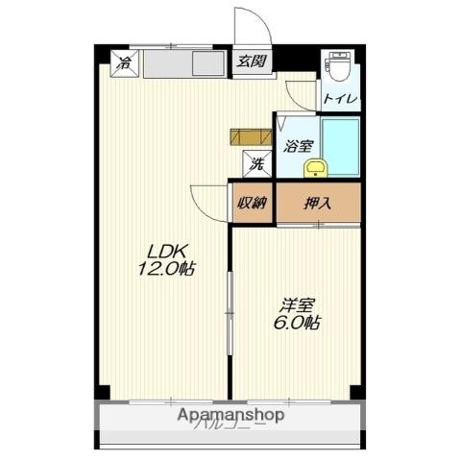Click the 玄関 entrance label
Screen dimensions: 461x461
click(x=253, y=61)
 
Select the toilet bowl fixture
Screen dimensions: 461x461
click(x=337, y=68)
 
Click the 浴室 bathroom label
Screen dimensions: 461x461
click(x=297, y=146)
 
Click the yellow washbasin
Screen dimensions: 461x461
click(x=315, y=169)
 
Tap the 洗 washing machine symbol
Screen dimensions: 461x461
click(x=256, y=164)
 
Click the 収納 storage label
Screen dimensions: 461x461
click(x=252, y=203)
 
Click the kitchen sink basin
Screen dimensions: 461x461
click(x=208, y=66)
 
